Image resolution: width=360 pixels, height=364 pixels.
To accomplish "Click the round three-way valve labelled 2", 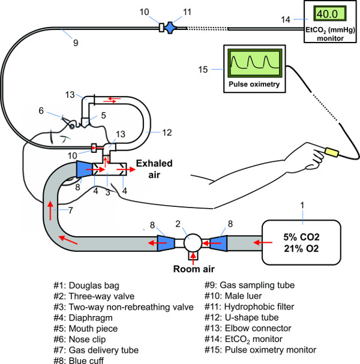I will (193, 242).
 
